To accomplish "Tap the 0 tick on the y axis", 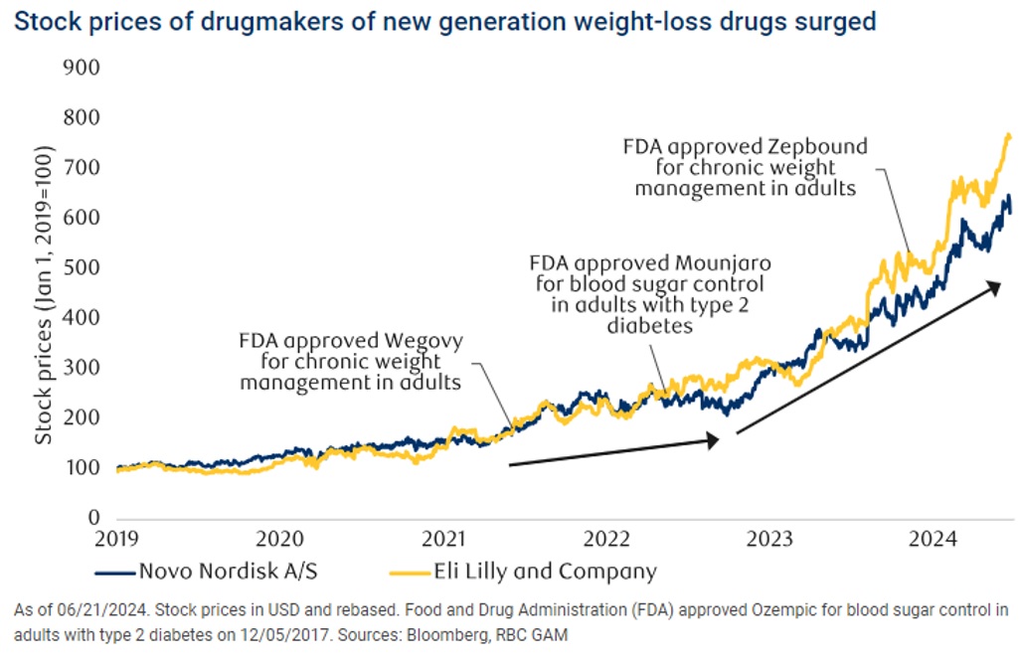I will click(94, 519).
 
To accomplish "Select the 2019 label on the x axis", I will click(117, 540).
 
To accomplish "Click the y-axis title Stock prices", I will click(43, 338).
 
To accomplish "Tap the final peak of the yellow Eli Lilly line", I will click(1008, 135).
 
